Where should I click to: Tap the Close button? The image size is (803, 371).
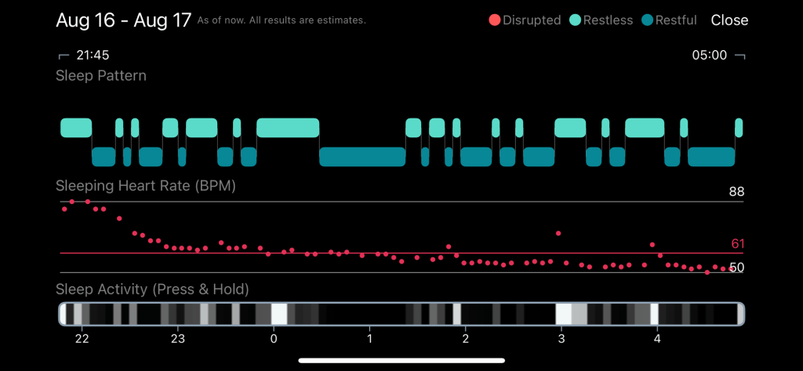point(729,20)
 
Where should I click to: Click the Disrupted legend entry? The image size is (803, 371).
point(524,20)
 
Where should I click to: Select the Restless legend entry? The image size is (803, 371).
point(601,20)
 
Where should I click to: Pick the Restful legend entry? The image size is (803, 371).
point(670,20)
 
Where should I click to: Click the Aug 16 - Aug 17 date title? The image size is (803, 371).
point(123,20)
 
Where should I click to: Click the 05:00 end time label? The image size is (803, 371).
point(709,56)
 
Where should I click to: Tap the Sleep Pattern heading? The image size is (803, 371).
point(100,76)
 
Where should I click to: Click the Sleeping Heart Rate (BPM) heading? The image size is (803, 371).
point(146,186)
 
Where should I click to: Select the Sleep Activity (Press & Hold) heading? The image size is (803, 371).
point(152,289)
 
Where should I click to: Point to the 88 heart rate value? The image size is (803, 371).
point(736,191)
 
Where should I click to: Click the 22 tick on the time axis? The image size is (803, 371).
point(82,339)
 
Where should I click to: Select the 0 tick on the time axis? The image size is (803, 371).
point(274,339)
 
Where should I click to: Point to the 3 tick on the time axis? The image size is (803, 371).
point(561,339)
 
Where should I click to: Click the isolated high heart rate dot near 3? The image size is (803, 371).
point(558,233)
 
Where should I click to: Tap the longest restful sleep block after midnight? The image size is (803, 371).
point(362,157)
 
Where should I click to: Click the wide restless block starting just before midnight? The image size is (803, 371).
point(288,128)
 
